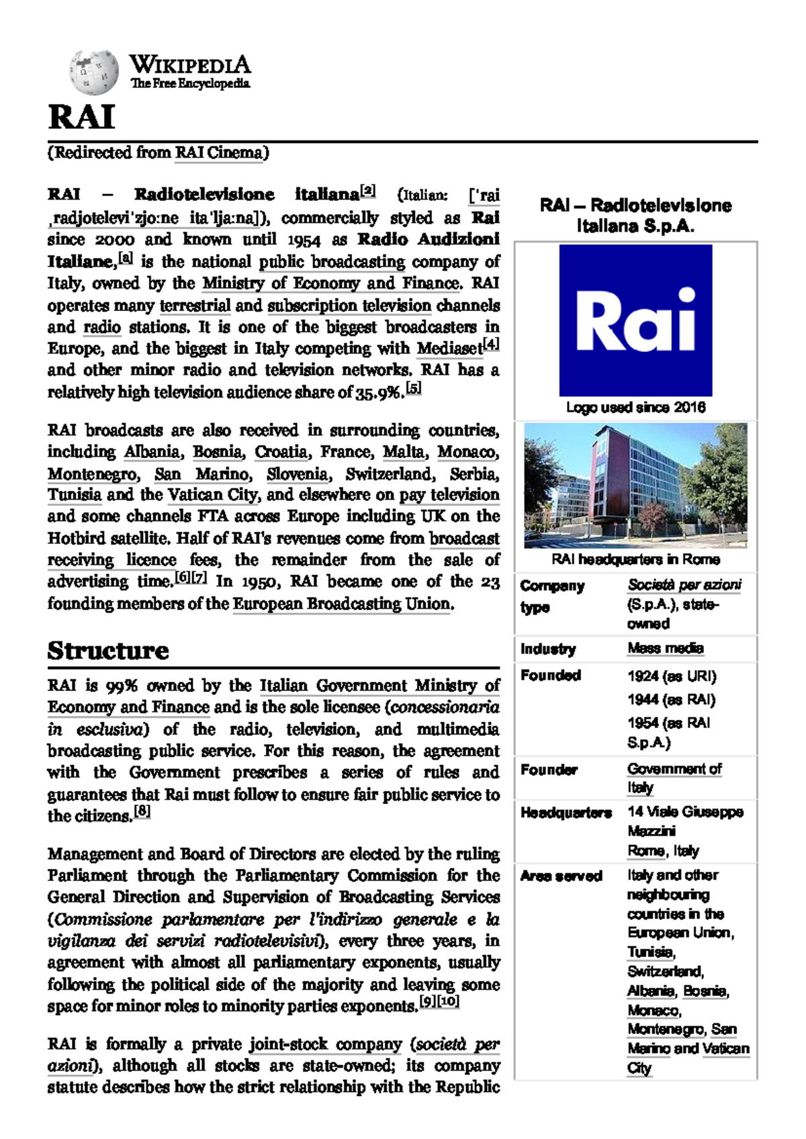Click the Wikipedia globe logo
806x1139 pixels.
pyautogui.click(x=93, y=71)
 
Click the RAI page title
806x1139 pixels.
pyautogui.click(x=81, y=117)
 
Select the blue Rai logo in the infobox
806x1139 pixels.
pyautogui.click(x=635, y=320)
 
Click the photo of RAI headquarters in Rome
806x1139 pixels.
pyautogui.click(x=635, y=485)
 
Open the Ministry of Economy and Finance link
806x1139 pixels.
pyautogui.click(x=332, y=283)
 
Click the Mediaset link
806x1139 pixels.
pyautogui.click(x=449, y=349)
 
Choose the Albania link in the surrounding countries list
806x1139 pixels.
pyautogui.click(x=152, y=452)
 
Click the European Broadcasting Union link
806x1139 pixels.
pyautogui.click(x=341, y=604)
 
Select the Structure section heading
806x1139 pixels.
pyautogui.click(x=108, y=650)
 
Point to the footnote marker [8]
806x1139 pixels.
pyautogui.click(x=142, y=811)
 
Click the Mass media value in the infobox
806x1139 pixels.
pyautogui.click(x=665, y=648)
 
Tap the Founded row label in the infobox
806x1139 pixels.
pyautogui.click(x=550, y=675)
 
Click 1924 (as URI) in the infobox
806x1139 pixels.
pyautogui.click(x=672, y=676)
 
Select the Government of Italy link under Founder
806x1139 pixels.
pyautogui.click(x=674, y=769)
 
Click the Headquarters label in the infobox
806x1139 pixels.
pyautogui.click(x=566, y=813)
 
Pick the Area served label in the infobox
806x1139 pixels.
pyautogui.click(x=561, y=876)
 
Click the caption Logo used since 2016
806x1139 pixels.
pyautogui.click(x=635, y=407)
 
